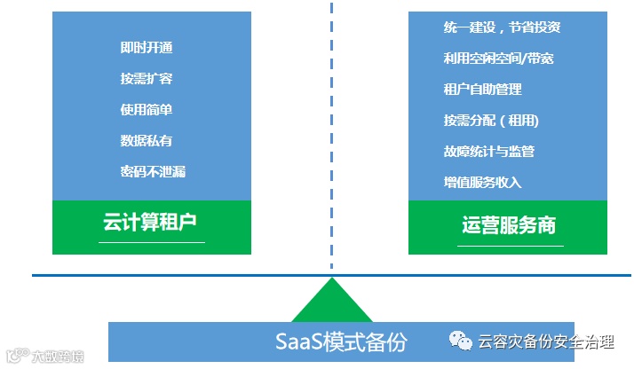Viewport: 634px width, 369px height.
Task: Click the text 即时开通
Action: [146, 48]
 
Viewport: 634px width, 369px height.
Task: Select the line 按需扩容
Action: [146, 79]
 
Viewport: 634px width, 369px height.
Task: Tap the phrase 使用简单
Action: [146, 110]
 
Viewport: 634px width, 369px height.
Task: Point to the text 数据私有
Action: [146, 140]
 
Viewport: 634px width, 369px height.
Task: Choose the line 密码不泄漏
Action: [153, 171]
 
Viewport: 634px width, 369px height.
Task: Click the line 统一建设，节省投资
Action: [502, 27]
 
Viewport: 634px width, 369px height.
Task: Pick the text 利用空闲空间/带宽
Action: [498, 59]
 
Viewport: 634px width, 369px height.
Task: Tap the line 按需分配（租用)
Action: [491, 121]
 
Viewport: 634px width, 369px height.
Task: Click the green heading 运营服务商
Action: [509, 224]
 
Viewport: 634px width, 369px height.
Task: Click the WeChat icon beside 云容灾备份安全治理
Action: [459, 342]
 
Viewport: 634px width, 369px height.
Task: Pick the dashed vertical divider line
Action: [332, 133]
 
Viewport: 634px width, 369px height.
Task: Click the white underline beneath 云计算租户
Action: [152, 242]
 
